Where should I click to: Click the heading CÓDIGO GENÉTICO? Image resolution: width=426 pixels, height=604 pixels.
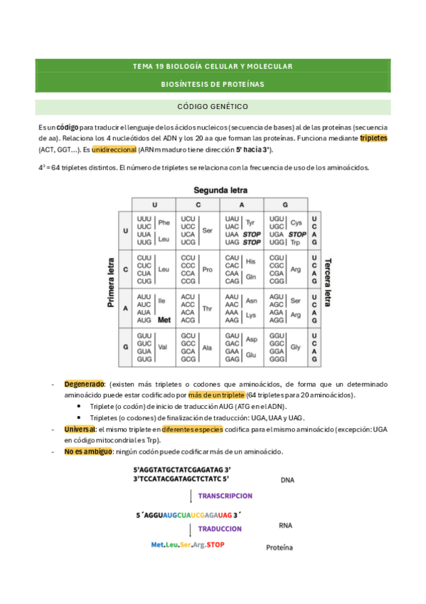pyautogui.click(x=213, y=106)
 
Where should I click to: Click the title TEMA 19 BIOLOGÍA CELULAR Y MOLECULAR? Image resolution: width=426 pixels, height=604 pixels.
pyautogui.click(x=213, y=66)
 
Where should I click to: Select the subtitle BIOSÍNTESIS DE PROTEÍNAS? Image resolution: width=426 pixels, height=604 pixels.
pyautogui.click(x=213, y=84)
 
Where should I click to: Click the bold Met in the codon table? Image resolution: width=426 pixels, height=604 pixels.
pyautogui.click(x=164, y=321)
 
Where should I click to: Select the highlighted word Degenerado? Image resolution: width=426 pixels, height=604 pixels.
pyautogui.click(x=85, y=384)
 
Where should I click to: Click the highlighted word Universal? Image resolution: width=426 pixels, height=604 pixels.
pyautogui.click(x=80, y=429)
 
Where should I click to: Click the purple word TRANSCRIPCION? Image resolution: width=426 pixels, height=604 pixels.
pyautogui.click(x=225, y=496)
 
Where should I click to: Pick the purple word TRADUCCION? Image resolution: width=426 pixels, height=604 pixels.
pyautogui.click(x=220, y=529)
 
